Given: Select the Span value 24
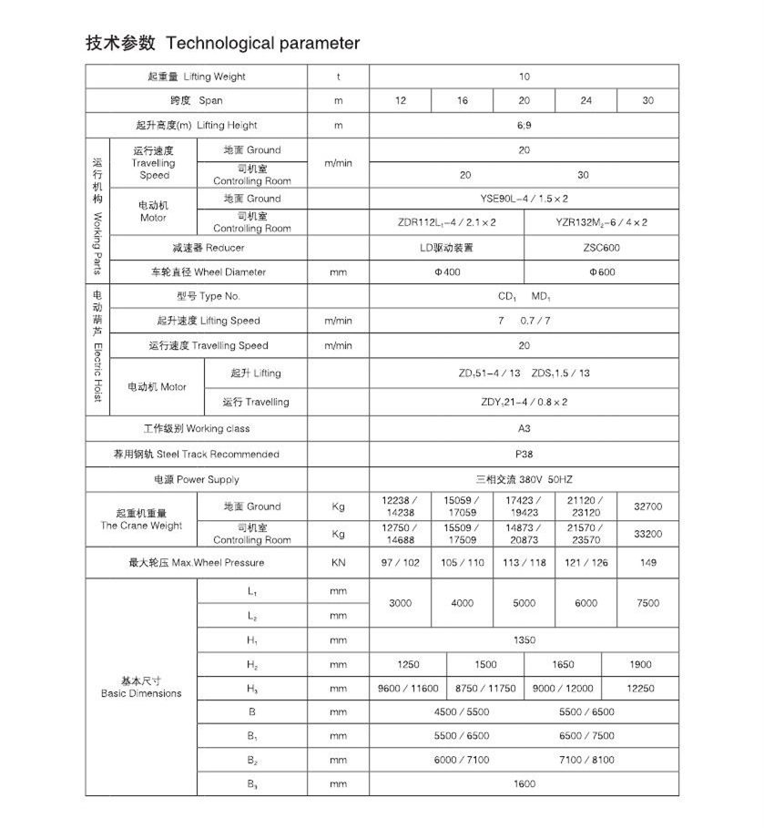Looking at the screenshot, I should coord(586,100).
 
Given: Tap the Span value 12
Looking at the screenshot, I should coord(401,100).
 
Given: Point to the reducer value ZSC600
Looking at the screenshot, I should coord(601,248).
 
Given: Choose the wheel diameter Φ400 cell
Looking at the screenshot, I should coord(446,272).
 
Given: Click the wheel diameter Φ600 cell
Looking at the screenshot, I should coord(601,272).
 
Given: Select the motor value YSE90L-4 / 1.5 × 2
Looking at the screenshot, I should coord(524,199).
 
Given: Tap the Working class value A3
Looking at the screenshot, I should coord(524,428).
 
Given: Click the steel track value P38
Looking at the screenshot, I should coord(524,454).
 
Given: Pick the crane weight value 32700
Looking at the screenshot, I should coord(647,506).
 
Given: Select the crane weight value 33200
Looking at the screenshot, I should coord(647,534).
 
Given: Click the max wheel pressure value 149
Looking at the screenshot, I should coord(647,563).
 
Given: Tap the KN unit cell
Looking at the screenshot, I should coord(338,563).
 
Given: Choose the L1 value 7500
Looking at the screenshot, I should coord(647,603).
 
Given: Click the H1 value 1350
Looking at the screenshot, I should coord(524,640).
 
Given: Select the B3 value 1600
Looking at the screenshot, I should coord(524,783).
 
